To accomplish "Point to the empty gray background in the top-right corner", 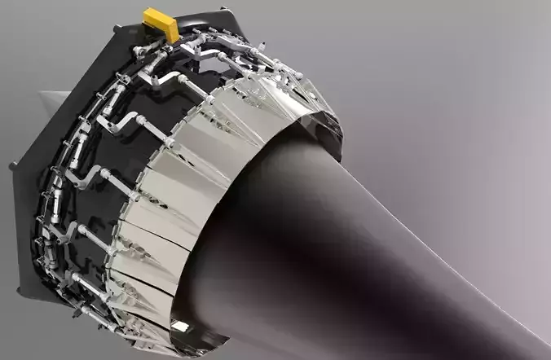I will [x=505, y=33].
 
